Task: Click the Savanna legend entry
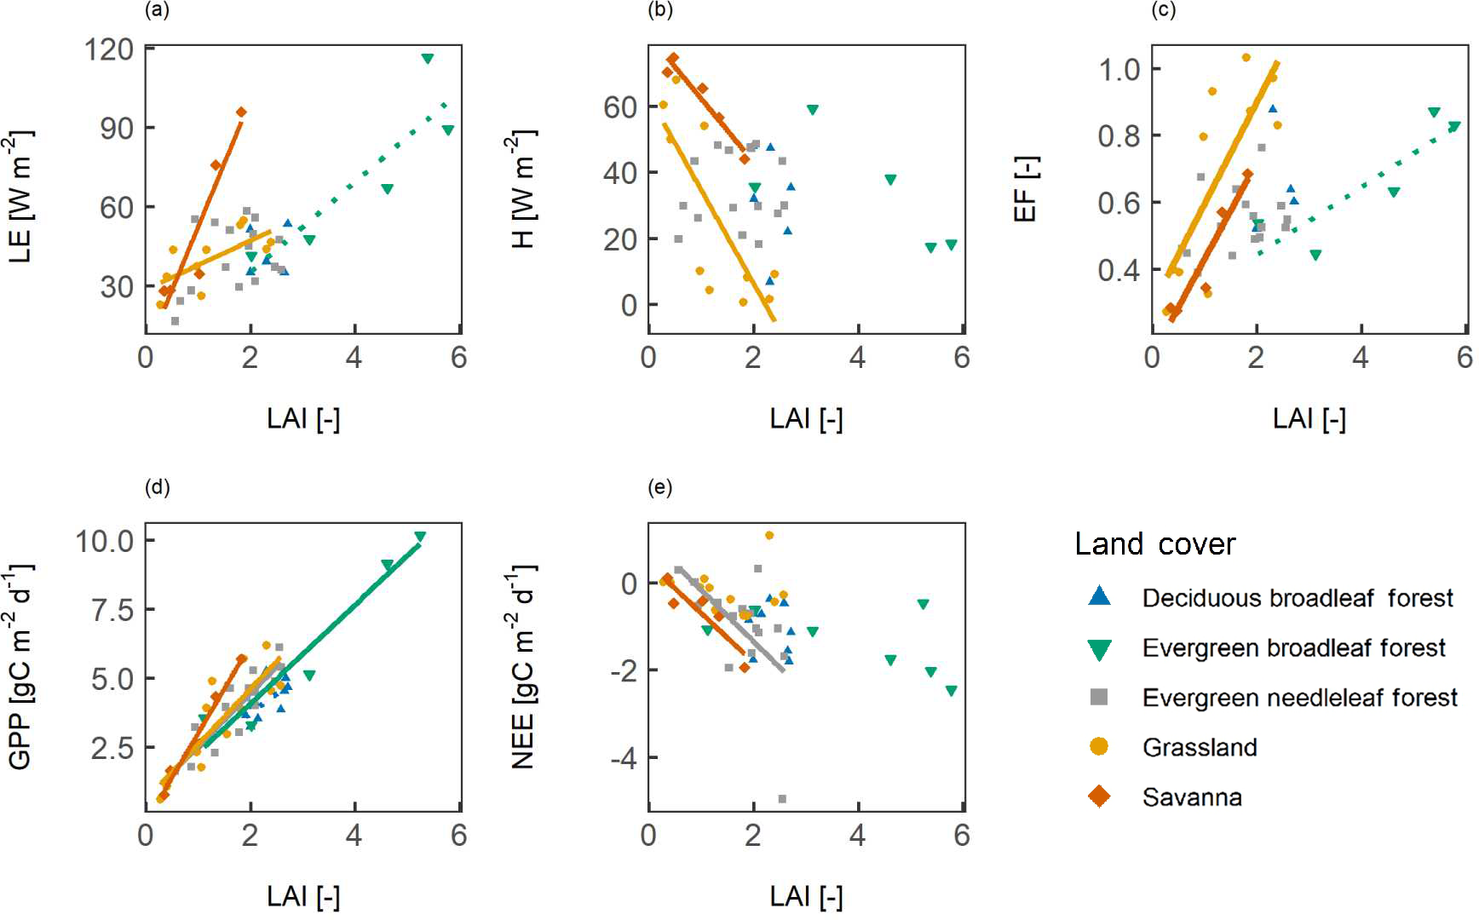(x=1191, y=797)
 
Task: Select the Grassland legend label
(x=1200, y=747)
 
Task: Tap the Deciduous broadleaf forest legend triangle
(x=1099, y=596)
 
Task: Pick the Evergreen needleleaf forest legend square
(x=1099, y=697)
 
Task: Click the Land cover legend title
(x=1154, y=543)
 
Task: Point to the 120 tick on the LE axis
(x=109, y=49)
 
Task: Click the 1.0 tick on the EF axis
(x=1119, y=68)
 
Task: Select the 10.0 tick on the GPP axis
(x=104, y=540)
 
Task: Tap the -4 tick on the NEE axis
(x=624, y=757)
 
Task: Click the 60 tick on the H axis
(x=620, y=106)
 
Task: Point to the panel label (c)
(x=1163, y=10)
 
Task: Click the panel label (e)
(x=659, y=487)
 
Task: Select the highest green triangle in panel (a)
(x=428, y=59)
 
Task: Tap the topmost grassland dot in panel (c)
(x=1246, y=58)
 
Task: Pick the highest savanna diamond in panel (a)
(x=241, y=112)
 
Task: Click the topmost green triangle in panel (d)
(x=420, y=537)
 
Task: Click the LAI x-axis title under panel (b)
(x=806, y=418)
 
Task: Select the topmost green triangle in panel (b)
(x=813, y=110)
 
